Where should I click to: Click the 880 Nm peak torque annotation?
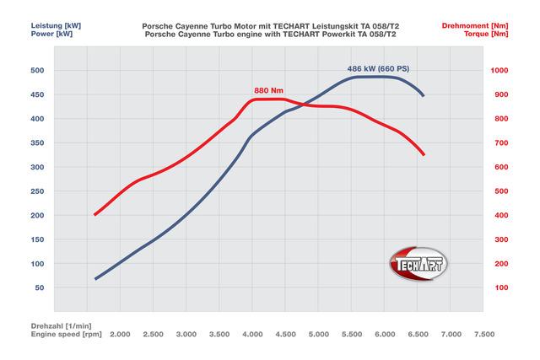[268, 89]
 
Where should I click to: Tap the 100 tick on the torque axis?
[500, 288]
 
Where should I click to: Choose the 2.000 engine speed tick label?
[120, 335]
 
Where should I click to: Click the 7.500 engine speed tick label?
[483, 335]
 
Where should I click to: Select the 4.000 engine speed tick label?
[252, 335]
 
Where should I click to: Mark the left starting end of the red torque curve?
[94, 214]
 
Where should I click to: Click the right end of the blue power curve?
[423, 95]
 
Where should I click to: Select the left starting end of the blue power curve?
[95, 278]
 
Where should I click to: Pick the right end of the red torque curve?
[424, 154]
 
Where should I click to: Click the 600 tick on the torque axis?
[500, 168]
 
